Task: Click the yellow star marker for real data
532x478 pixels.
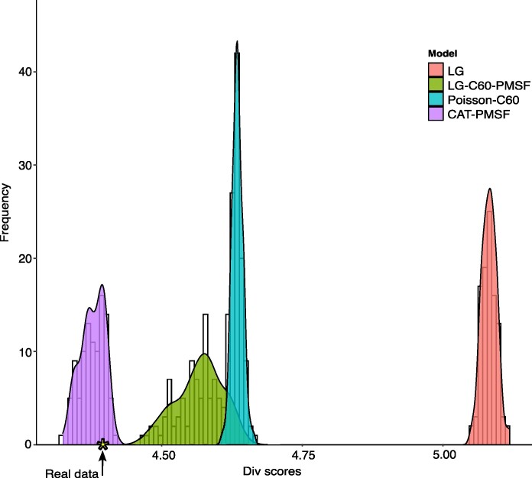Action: click(102, 444)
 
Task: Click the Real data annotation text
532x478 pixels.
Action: click(72, 473)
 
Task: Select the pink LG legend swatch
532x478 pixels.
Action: click(436, 69)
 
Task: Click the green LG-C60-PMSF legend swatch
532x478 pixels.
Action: click(436, 85)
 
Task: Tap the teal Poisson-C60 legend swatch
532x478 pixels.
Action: click(436, 99)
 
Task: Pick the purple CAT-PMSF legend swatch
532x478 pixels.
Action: click(436, 114)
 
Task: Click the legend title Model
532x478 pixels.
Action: click(443, 53)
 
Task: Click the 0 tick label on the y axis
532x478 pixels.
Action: click(28, 444)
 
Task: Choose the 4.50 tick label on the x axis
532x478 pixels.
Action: click(164, 455)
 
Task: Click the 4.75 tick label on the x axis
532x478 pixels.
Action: click(303, 455)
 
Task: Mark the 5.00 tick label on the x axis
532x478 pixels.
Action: click(444, 455)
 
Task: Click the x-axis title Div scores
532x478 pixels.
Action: click(272, 471)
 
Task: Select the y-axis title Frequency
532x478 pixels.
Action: click(5, 212)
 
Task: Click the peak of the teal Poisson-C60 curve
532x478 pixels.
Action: click(237, 41)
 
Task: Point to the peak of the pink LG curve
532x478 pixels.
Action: click(490, 189)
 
